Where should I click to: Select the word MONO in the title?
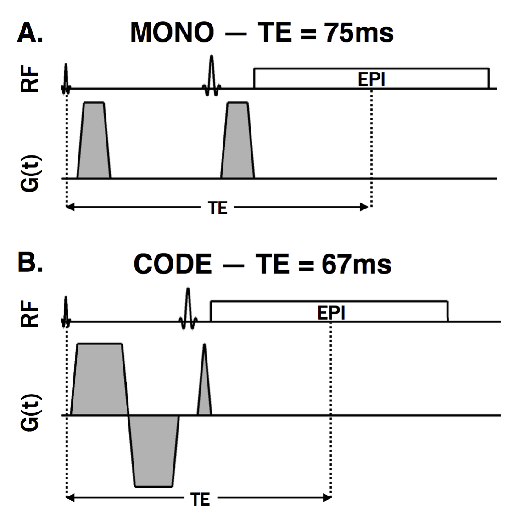tap(172, 33)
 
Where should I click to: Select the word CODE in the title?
tap(173, 265)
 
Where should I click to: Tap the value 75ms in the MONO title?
tap(359, 33)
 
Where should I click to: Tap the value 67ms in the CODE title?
tap(357, 265)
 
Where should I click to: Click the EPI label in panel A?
tap(371, 79)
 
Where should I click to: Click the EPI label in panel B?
tap(331, 313)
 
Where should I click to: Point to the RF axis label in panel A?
tap(30, 81)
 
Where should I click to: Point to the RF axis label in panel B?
tap(30, 314)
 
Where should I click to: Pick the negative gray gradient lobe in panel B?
tap(154, 450)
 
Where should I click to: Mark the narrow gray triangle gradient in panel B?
tap(204, 395)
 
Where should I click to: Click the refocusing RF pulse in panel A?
tap(212, 76)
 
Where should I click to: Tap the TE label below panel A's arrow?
tap(218, 209)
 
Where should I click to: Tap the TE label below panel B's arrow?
tap(201, 498)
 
